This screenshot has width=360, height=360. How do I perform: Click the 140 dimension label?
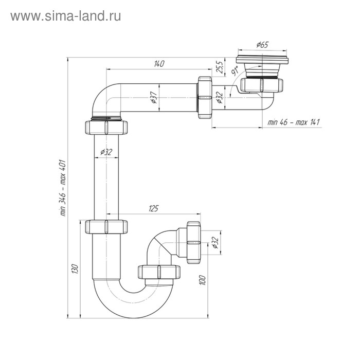point(158,64)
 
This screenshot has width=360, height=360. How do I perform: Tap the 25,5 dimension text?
point(218,67)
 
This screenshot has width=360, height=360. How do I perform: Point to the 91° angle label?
point(234,71)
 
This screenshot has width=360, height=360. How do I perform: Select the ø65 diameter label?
point(261,45)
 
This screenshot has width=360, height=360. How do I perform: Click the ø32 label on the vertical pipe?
point(106,152)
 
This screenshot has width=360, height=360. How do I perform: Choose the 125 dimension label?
point(152,208)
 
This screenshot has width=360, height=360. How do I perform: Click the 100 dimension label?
point(203,280)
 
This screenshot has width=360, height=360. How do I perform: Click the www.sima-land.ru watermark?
point(65,15)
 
